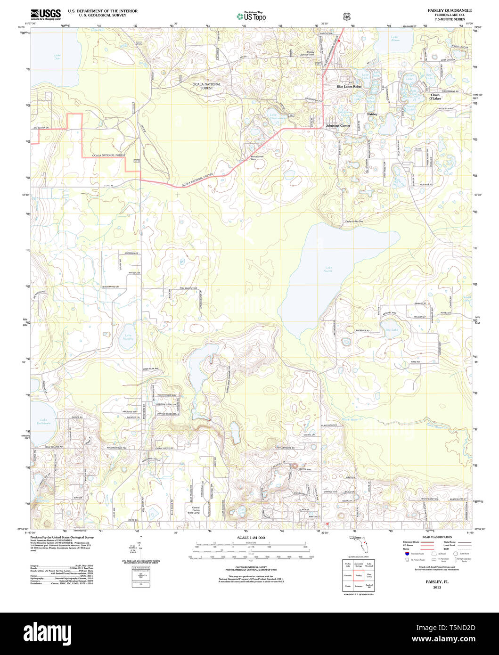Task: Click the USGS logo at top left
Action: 46,14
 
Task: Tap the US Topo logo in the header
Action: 251,16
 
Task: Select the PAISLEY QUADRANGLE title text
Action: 449,10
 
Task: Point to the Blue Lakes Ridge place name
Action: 349,87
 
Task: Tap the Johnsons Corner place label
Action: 338,126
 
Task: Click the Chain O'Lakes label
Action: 435,97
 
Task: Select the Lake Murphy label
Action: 128,337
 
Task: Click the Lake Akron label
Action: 395,40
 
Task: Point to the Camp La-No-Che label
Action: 354,221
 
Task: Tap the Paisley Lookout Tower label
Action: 310,54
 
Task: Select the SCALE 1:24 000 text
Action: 251,538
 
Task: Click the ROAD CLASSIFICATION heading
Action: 437,537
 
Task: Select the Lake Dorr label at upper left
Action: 57,57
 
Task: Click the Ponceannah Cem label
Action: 256,158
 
